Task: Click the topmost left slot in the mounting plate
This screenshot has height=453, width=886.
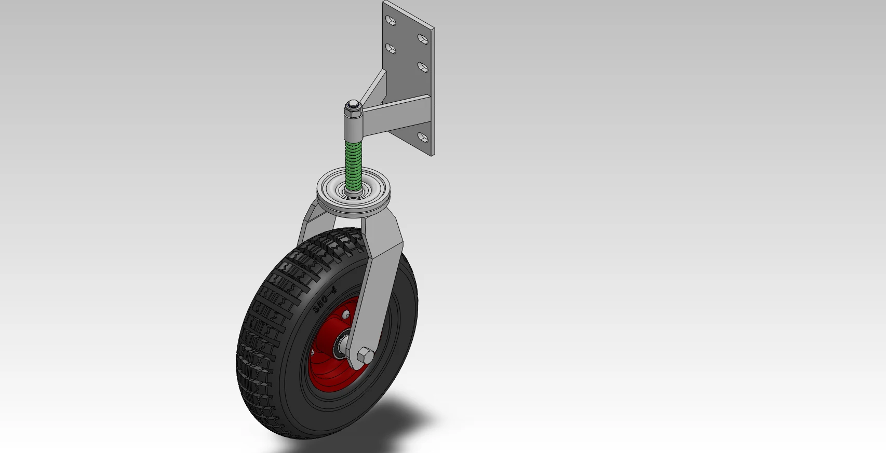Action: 391,21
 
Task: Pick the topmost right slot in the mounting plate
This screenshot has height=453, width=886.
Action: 423,38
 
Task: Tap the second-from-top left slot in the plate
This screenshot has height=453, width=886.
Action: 391,49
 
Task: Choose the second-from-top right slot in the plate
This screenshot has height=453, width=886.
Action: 423,66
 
